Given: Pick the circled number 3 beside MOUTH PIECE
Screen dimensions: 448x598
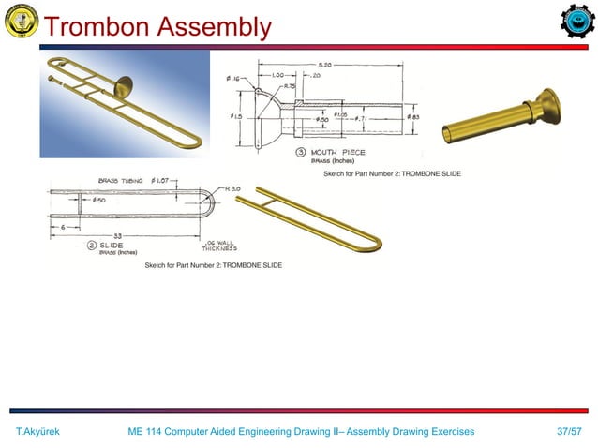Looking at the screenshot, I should tap(301, 153).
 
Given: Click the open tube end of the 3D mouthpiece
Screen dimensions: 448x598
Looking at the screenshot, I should tap(449, 135).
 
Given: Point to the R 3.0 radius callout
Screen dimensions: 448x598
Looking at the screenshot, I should tap(233, 188).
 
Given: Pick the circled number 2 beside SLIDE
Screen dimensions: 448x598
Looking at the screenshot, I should tap(91, 246).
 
